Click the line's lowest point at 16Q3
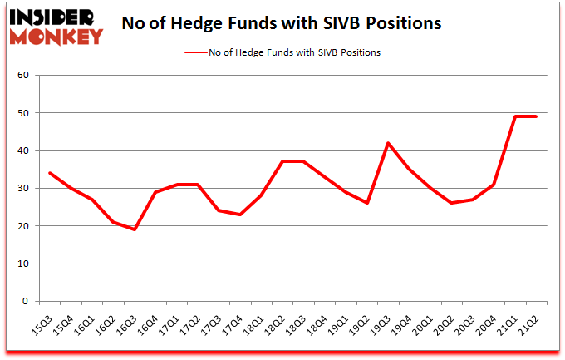(134, 229)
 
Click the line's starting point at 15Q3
(49, 173)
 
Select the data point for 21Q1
(516, 116)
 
